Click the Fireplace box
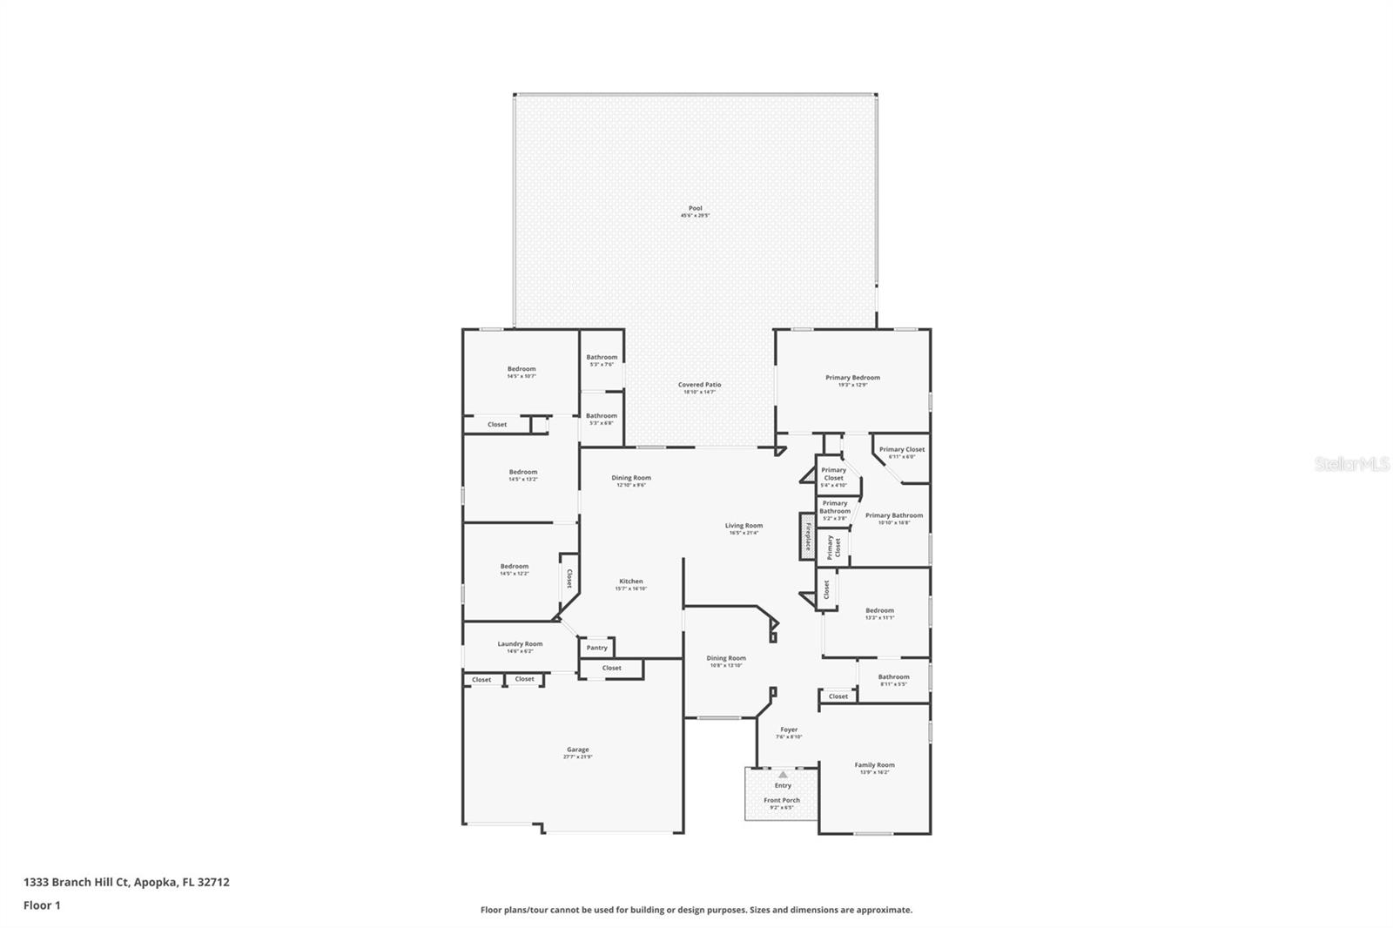point(807,536)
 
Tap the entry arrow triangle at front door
point(783,774)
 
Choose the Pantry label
point(596,648)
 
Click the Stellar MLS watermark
point(1351,465)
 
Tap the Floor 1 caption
point(42,905)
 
